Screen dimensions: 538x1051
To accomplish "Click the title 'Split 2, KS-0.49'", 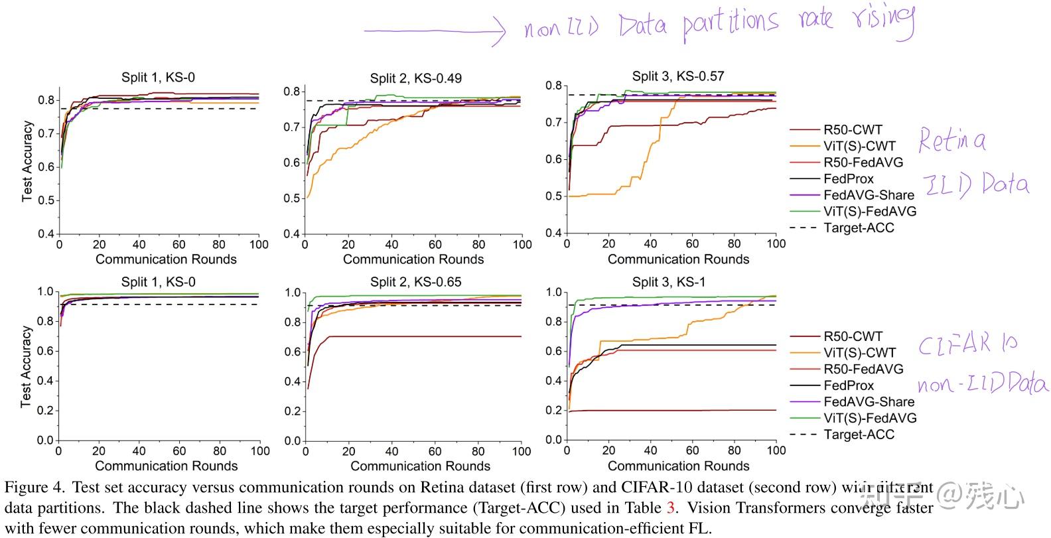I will coord(415,78).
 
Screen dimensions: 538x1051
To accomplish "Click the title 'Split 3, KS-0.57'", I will coord(677,76).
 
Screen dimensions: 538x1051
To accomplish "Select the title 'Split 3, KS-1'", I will coord(669,282).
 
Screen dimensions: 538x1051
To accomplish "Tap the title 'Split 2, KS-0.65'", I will coord(415,282).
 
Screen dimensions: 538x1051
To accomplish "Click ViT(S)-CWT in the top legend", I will coord(859,146).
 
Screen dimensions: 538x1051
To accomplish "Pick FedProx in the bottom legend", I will coord(849,385).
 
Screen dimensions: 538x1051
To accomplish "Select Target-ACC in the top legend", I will coord(859,228).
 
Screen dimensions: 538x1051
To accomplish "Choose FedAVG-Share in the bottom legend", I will coord(869,401).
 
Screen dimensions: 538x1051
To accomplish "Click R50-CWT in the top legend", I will coord(853,130).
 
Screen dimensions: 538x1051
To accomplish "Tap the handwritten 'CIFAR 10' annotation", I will coord(967,344).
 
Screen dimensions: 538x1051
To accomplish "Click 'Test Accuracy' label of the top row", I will coord(27,161).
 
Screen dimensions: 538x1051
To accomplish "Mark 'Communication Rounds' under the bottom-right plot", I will coord(678,466).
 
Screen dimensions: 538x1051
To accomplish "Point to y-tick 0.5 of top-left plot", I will coord(45,200).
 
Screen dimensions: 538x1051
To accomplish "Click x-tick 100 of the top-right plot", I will coord(776,243).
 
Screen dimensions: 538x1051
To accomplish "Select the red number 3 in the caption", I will coord(671,508).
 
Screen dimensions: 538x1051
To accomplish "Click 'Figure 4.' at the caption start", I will coord(35,488).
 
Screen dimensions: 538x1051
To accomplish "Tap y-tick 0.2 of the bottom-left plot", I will coord(44,411).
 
